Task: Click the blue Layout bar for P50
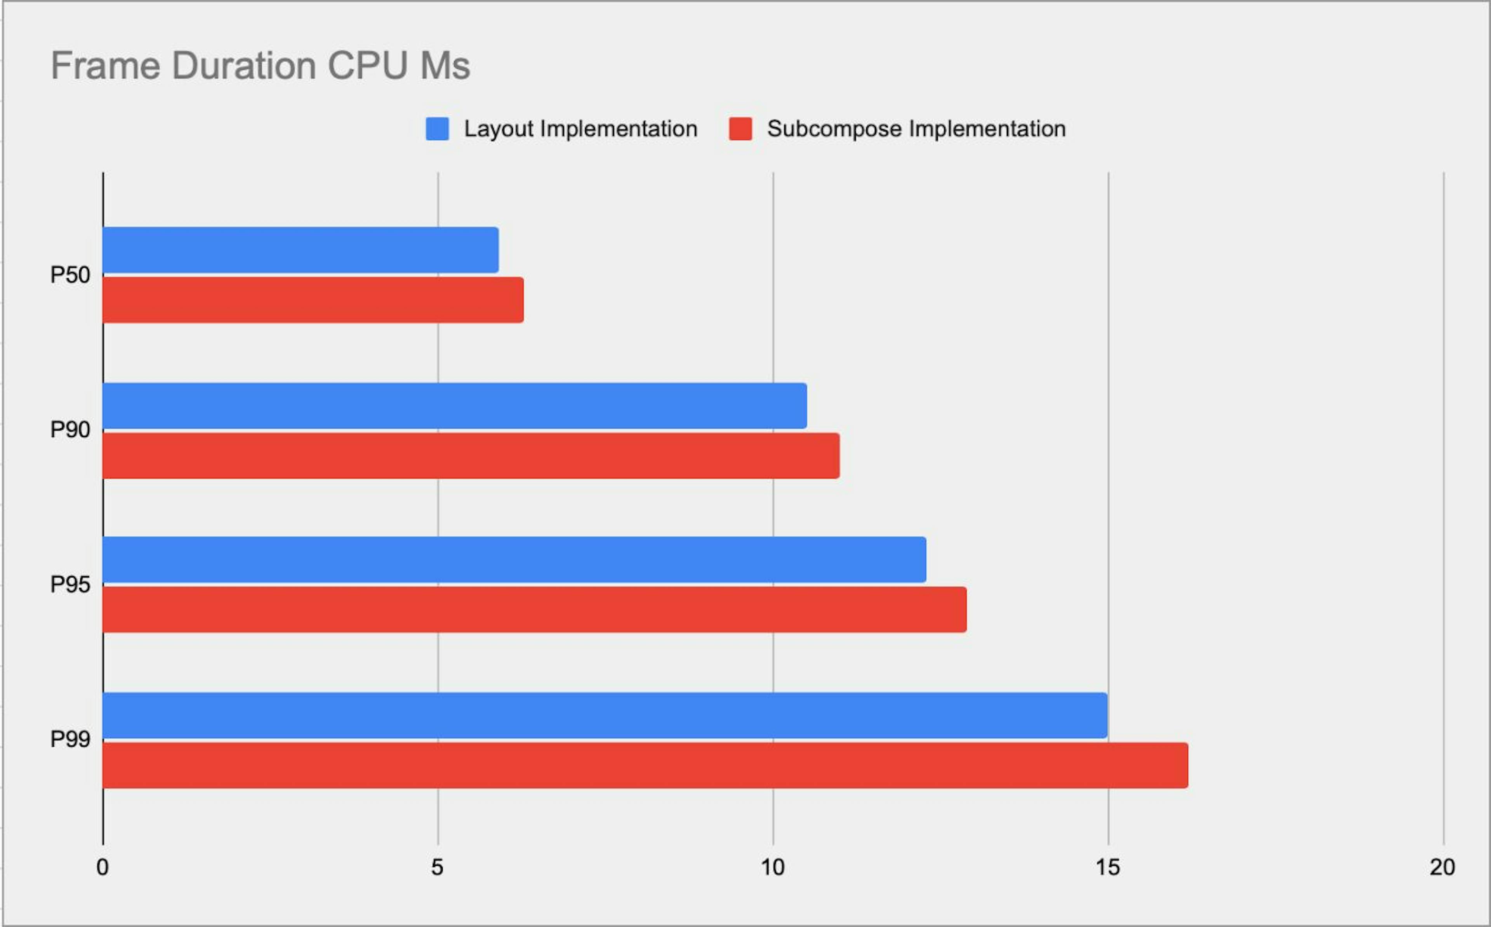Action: (301, 250)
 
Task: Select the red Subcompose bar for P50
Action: (313, 300)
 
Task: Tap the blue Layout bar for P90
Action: (454, 406)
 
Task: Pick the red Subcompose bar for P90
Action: (471, 456)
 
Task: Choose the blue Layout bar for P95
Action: (514, 560)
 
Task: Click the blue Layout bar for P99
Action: (605, 716)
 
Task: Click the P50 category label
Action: (70, 275)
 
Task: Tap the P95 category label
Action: (70, 585)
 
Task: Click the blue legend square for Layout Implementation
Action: (437, 129)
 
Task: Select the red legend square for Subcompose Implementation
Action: (740, 129)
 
